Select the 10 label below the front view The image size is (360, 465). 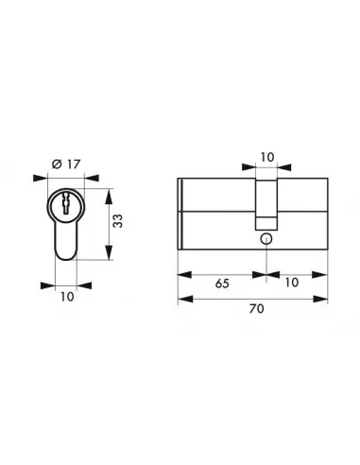[65, 296]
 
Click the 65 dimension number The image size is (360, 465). [220, 284]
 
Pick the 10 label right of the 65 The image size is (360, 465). [292, 284]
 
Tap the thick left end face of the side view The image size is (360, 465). [180, 213]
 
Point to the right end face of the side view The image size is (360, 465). [326, 213]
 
